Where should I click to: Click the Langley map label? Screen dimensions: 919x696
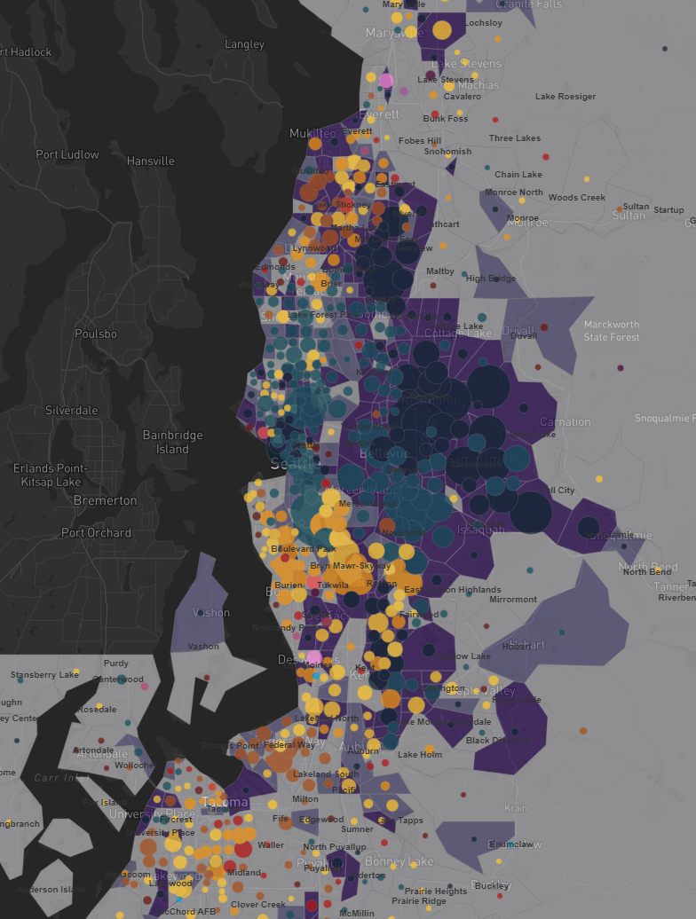(x=244, y=44)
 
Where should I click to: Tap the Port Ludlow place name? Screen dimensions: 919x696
(x=67, y=154)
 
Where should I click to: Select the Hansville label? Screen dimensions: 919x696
(x=151, y=161)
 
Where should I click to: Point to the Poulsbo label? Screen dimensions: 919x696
(x=96, y=334)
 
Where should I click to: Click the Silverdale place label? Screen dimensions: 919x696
(x=72, y=411)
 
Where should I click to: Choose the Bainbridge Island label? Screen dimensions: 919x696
(x=173, y=442)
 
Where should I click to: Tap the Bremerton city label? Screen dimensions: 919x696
(x=106, y=500)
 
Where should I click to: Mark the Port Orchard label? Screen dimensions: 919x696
(x=96, y=533)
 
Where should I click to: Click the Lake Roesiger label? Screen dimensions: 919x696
(x=565, y=97)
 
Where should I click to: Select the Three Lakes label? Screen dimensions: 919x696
(x=515, y=138)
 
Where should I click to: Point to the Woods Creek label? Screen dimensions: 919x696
(x=577, y=198)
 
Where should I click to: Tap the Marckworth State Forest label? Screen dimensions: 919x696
(x=612, y=331)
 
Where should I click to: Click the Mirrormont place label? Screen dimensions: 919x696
(x=513, y=600)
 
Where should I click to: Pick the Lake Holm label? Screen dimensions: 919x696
(x=420, y=755)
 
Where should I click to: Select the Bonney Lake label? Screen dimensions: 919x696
(x=398, y=862)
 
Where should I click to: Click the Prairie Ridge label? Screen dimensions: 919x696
(x=420, y=901)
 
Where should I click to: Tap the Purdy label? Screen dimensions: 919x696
(x=116, y=663)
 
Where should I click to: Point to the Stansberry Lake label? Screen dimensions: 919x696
(x=45, y=676)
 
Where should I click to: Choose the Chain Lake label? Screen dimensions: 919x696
(x=518, y=175)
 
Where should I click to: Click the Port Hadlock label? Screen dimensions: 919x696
(x=27, y=52)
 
